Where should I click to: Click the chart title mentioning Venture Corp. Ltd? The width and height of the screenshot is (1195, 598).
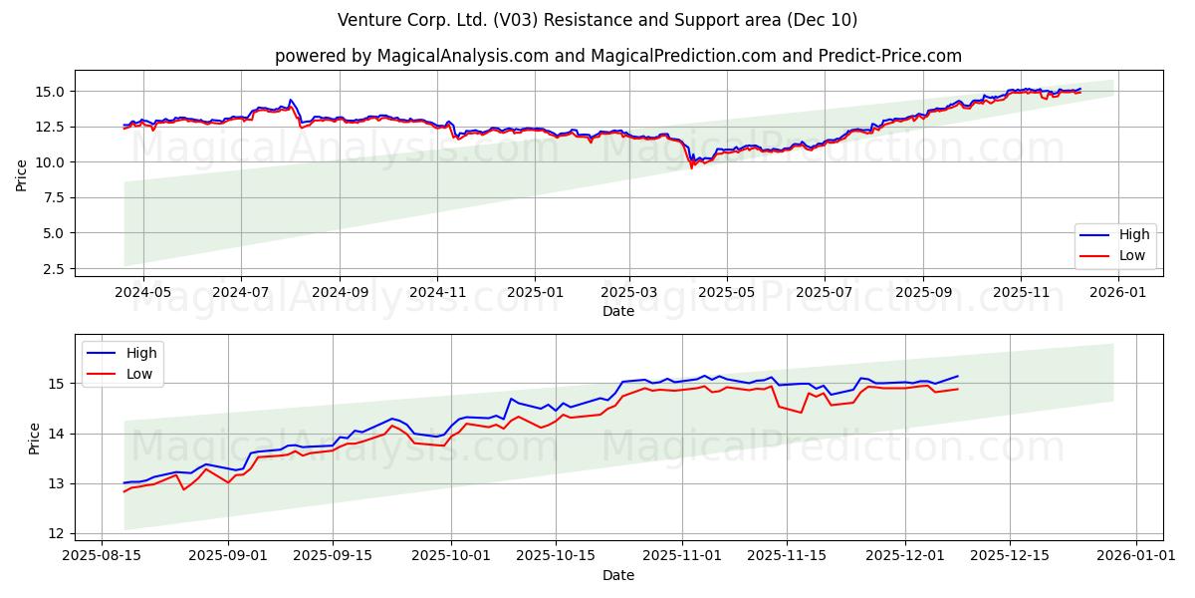[x=597, y=20]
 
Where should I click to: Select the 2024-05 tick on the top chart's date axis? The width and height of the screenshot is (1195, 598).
[x=143, y=292]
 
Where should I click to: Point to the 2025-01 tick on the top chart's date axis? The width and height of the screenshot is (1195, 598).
[x=535, y=292]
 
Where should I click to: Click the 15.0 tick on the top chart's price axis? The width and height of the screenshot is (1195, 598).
[x=49, y=92]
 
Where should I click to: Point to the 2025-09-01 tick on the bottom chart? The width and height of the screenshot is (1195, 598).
[x=229, y=555]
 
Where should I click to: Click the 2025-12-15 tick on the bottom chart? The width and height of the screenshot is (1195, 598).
[x=1010, y=555]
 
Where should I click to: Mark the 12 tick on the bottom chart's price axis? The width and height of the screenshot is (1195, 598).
[x=57, y=534]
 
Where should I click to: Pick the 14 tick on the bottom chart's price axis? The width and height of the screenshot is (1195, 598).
[x=57, y=434]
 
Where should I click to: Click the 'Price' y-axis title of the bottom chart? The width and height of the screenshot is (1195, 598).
[x=35, y=439]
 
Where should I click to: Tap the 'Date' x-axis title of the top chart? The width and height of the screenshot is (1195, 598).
[x=617, y=311]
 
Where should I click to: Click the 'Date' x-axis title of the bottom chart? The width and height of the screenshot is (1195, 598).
[x=617, y=575]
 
